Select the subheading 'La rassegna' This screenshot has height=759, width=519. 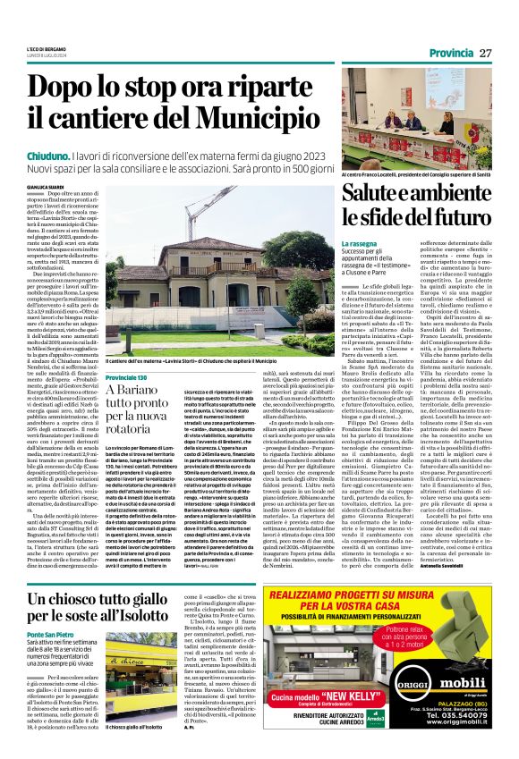click(x=359, y=243)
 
